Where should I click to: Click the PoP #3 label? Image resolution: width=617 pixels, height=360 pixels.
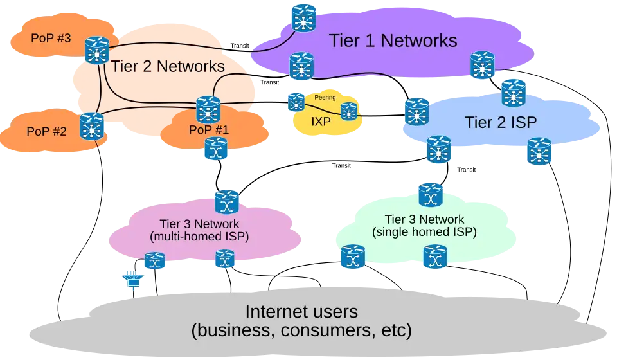(51, 37)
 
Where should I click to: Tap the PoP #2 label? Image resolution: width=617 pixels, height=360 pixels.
(46, 131)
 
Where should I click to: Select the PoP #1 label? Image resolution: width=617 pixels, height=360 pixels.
(209, 130)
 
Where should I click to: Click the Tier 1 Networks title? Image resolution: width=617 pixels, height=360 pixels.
(393, 40)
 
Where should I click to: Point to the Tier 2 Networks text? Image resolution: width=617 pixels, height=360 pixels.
(168, 66)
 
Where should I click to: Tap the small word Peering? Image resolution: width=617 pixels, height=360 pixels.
(325, 98)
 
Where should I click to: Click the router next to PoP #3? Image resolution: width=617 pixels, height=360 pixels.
(97, 50)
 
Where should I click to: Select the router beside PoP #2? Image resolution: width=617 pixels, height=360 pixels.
(92, 126)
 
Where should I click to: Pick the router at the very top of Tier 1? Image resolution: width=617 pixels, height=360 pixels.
(303, 18)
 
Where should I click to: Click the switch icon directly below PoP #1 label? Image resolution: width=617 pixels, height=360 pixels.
(215, 149)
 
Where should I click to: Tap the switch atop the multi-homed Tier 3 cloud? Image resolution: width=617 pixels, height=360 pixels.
(226, 201)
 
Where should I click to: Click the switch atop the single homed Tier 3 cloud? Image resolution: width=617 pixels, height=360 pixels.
(429, 194)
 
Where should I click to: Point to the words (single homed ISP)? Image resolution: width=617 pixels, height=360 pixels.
(424, 231)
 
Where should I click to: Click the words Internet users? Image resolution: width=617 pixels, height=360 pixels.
(301, 312)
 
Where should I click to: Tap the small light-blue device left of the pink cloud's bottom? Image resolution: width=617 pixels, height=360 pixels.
(132, 279)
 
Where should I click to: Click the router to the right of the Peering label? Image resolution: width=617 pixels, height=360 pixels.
(348, 111)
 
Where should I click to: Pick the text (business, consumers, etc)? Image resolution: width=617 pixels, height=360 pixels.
(301, 332)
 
